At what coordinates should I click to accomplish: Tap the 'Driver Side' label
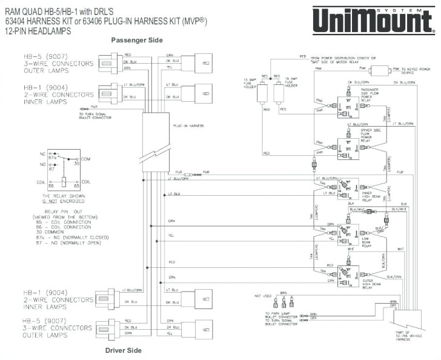124,350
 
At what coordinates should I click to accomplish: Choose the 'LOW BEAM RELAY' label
368,239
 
